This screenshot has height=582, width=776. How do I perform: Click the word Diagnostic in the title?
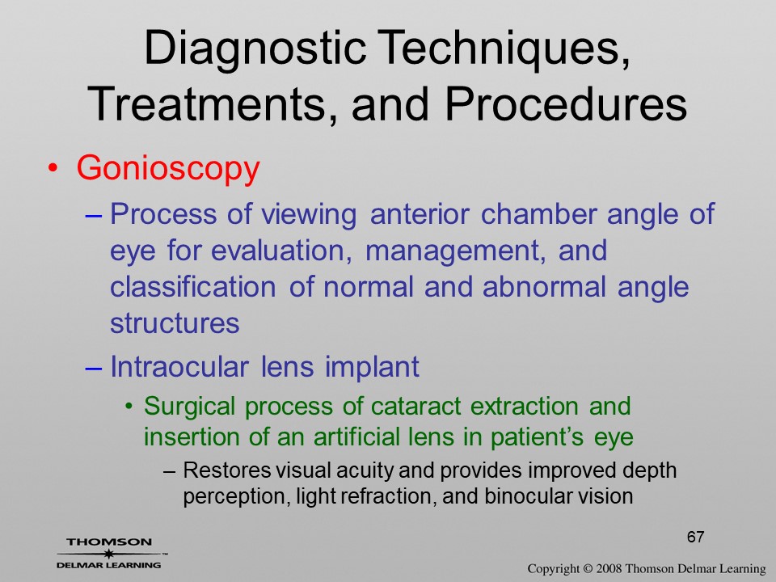click(255, 49)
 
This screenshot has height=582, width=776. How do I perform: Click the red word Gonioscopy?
click(168, 169)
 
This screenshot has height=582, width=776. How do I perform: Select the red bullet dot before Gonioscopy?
click(53, 168)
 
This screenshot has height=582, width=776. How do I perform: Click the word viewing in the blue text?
click(309, 215)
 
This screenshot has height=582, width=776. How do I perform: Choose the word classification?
click(193, 286)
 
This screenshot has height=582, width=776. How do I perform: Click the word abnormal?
click(544, 286)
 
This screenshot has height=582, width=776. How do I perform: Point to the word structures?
click(175, 323)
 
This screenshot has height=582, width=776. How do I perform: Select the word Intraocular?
click(179, 367)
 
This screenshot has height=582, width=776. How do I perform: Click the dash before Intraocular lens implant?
click(94, 369)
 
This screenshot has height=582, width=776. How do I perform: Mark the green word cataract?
click(415, 407)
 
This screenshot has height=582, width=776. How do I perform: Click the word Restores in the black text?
click(226, 470)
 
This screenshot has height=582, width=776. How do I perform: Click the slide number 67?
click(695, 537)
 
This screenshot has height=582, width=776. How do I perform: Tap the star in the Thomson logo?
click(108, 554)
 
